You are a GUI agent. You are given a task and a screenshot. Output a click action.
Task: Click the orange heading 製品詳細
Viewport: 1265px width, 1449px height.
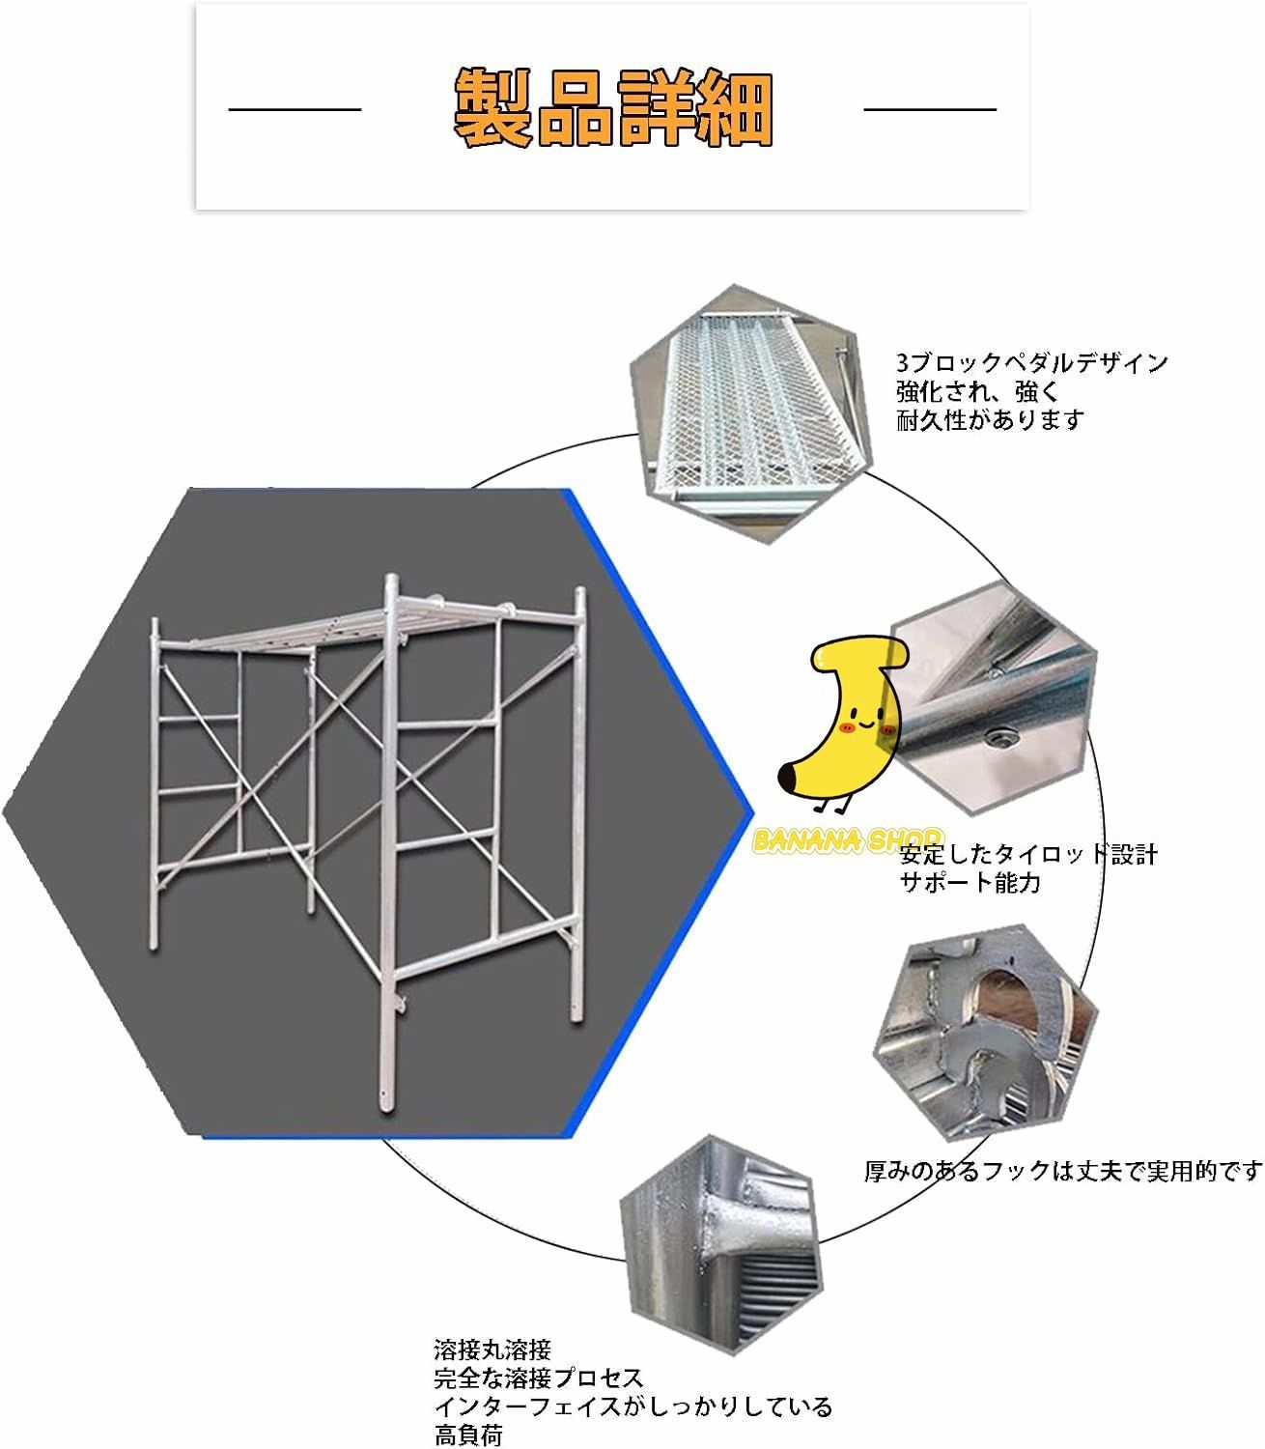click(x=613, y=108)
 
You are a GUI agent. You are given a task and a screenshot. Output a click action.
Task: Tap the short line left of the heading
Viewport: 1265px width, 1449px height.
click(x=295, y=109)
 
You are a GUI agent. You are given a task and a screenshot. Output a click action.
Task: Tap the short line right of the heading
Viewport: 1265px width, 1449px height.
click(x=929, y=109)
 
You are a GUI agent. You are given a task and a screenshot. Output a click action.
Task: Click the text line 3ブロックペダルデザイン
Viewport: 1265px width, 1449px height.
click(x=1031, y=363)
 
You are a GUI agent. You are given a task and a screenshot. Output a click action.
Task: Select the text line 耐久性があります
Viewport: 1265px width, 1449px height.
click(x=990, y=419)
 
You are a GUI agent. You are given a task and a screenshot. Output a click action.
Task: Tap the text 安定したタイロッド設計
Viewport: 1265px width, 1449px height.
click(x=1028, y=854)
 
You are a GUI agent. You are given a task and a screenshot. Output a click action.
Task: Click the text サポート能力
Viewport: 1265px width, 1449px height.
click(x=970, y=882)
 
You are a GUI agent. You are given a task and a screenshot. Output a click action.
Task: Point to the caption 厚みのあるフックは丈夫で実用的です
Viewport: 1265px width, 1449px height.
click(x=1062, y=1171)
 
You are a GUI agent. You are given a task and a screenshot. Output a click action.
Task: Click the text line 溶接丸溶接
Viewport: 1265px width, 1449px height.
click(x=492, y=1348)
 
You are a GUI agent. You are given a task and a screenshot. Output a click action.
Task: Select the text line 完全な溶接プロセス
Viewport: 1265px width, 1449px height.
click(x=538, y=1377)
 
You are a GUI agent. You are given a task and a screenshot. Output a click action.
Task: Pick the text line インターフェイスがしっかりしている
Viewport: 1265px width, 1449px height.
click(x=632, y=1406)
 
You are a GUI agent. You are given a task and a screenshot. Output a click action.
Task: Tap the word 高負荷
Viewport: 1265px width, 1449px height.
click(x=468, y=1435)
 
